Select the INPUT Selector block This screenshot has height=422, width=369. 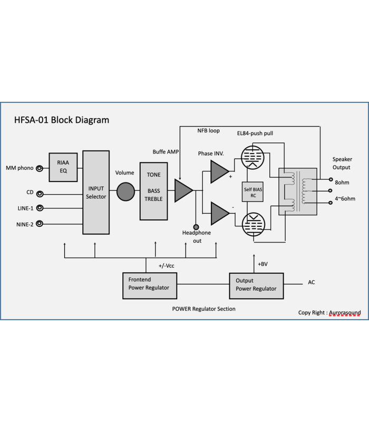pos(96,193)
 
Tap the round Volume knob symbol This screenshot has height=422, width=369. pos(125,191)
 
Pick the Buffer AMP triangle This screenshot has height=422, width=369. pos(183,190)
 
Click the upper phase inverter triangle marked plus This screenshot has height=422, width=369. pos(219,172)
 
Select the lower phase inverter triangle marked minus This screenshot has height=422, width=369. pos(219,213)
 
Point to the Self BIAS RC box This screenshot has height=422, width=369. pos(253,193)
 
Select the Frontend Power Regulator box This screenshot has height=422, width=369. pos(149,285)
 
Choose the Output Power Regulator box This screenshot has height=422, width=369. pos(256,285)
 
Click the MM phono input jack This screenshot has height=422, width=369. pos(38,168)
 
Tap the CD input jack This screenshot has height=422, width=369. pos(38,193)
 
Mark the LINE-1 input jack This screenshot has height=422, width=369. pos(38,208)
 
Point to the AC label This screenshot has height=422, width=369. pos(312,283)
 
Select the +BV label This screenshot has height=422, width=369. pos(263,264)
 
